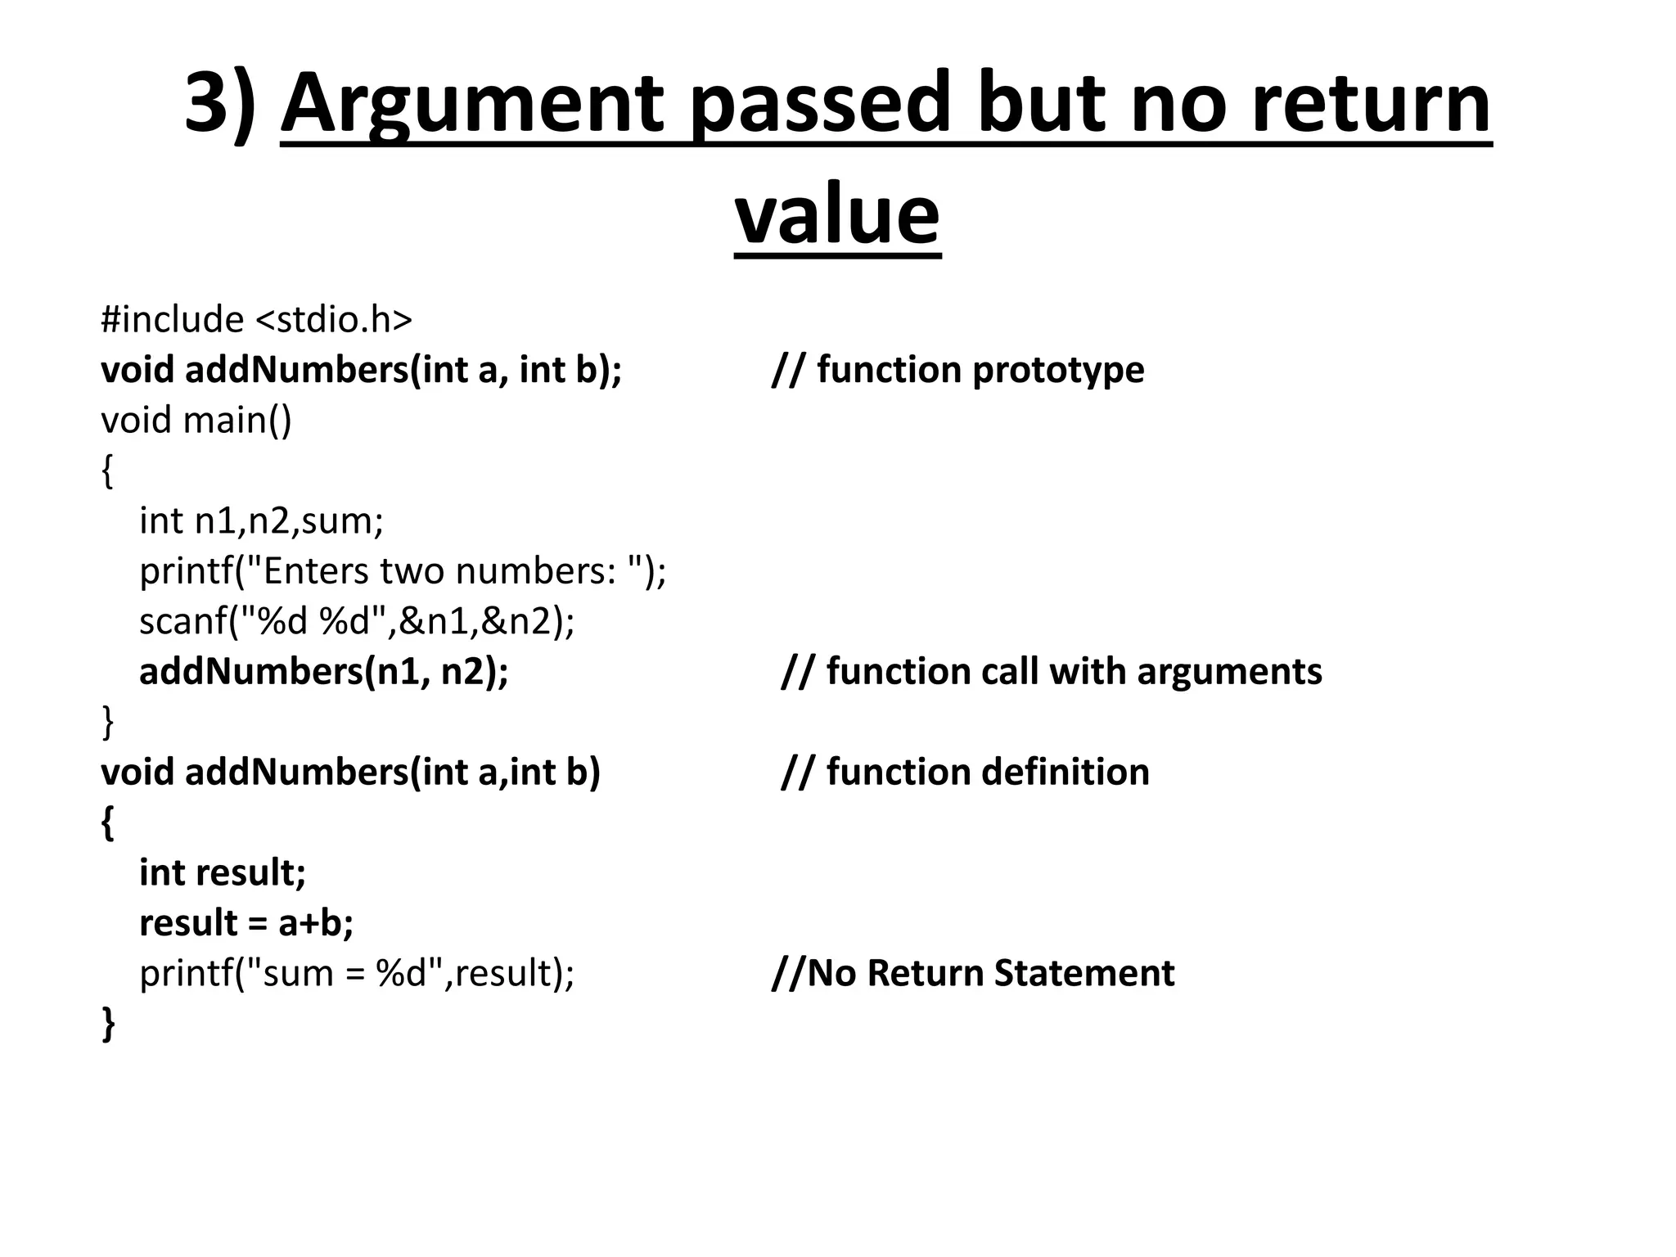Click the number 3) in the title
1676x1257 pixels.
tap(219, 103)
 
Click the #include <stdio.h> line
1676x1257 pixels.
tap(256, 319)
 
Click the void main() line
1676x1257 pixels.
tap(196, 420)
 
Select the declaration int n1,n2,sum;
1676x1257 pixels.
tap(261, 520)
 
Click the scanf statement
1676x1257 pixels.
tap(357, 621)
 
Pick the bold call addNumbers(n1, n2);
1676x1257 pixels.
tap(323, 672)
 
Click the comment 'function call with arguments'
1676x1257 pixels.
tap(1052, 672)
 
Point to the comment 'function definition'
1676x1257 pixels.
tap(966, 773)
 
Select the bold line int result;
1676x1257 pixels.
tap(223, 872)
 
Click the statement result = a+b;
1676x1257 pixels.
tap(246, 923)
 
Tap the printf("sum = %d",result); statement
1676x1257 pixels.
tap(357, 974)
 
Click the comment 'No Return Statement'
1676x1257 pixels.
tap(973, 974)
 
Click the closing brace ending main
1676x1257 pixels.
tap(107, 723)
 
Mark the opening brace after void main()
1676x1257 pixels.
tap(107, 471)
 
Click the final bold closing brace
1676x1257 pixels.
tap(108, 1025)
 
